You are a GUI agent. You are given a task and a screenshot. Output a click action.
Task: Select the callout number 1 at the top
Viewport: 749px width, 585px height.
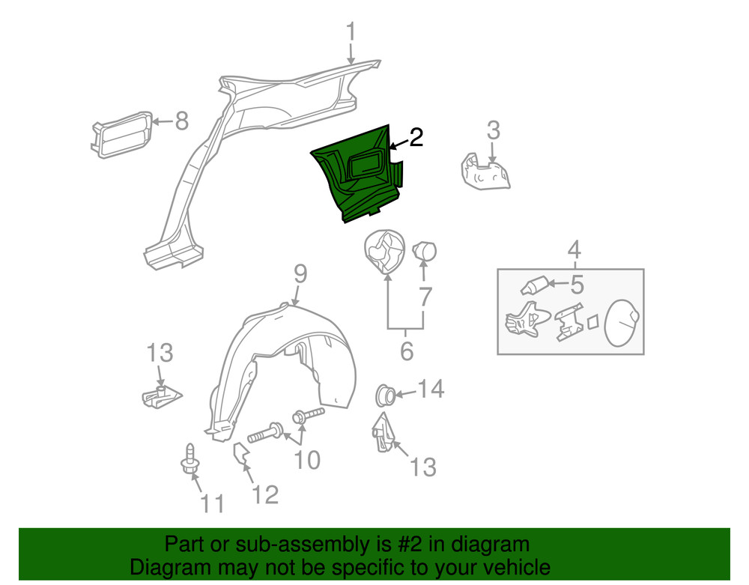point(351,33)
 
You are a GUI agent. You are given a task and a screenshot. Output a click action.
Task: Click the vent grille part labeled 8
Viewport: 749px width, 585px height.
point(122,134)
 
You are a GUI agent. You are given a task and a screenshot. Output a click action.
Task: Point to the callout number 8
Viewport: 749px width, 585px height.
point(181,121)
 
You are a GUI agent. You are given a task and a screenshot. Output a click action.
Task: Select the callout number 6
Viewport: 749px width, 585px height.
point(406,350)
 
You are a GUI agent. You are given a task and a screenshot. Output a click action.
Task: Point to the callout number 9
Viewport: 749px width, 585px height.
point(300,274)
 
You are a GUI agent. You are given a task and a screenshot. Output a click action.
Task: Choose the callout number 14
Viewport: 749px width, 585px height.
point(430,389)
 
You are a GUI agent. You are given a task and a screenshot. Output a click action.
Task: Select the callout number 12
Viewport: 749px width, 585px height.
point(265,494)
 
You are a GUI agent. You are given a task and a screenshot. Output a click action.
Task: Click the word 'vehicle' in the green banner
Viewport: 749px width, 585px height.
point(513,567)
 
